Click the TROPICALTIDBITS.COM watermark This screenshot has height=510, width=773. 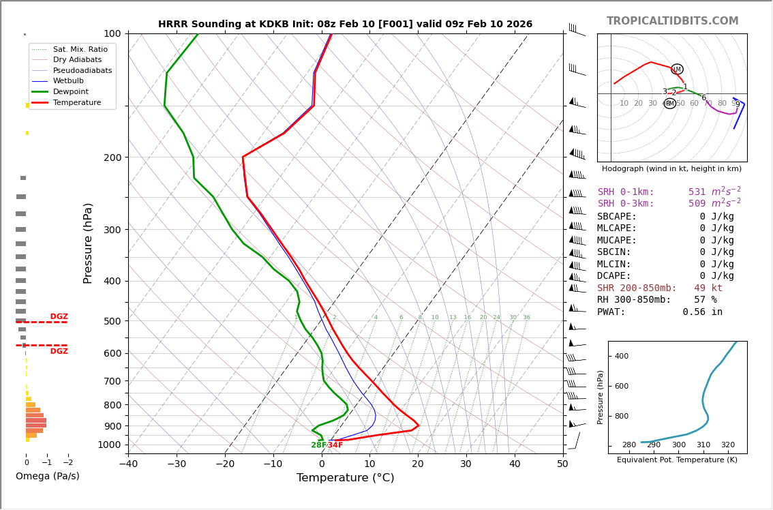[x=672, y=21]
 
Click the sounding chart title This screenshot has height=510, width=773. [x=345, y=25]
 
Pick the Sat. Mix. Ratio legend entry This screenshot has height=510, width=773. [x=80, y=50]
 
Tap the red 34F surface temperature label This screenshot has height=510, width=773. [x=335, y=445]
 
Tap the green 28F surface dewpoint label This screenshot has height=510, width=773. [x=318, y=445]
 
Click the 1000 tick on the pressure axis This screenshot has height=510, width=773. [x=110, y=445]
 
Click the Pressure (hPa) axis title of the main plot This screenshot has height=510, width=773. [x=88, y=243]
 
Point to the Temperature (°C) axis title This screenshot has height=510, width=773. [x=345, y=478]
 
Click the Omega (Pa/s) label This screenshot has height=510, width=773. [x=47, y=476]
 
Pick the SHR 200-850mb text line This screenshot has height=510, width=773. [x=659, y=288]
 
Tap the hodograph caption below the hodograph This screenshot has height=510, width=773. [x=671, y=168]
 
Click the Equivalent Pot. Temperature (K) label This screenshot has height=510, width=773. [x=677, y=460]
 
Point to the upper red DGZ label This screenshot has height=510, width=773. [x=59, y=316]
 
